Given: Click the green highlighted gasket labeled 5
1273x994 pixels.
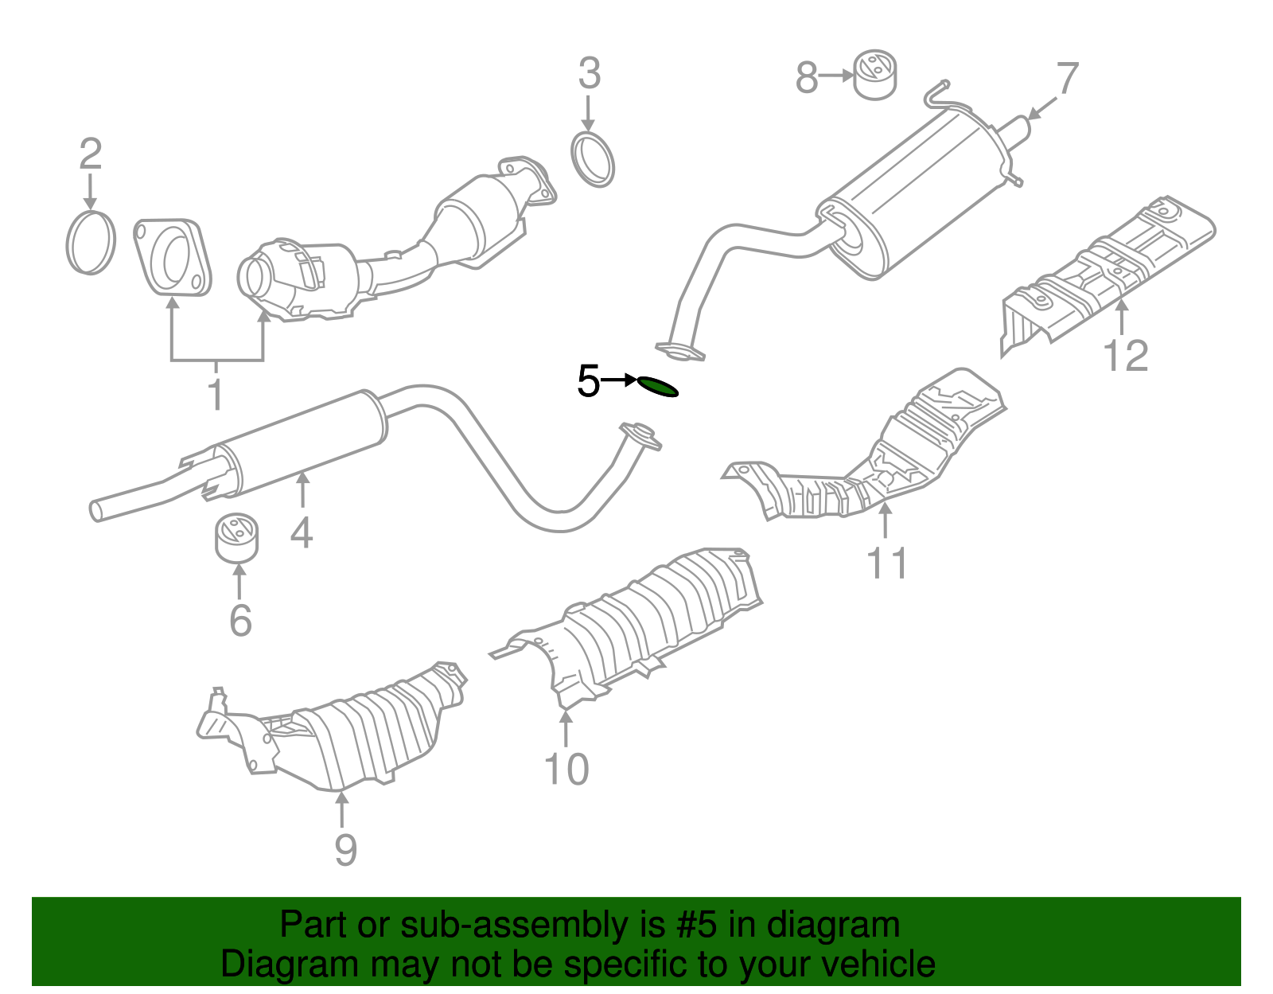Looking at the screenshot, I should (658, 387).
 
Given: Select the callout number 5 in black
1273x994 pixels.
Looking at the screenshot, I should (588, 381).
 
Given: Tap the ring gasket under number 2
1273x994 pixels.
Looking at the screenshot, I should (91, 242).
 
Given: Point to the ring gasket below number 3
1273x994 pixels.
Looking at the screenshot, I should (594, 160).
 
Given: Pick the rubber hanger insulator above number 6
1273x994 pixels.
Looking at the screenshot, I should (237, 538).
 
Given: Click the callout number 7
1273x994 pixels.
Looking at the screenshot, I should (1066, 79).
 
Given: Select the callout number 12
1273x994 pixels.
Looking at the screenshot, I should (1126, 356).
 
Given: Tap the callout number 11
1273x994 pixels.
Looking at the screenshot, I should (886, 563).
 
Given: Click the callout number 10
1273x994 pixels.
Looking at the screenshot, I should (566, 770).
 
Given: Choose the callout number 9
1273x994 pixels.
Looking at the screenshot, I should (345, 849).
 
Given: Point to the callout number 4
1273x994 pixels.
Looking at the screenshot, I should (302, 532).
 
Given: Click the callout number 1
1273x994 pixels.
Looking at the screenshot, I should (216, 394).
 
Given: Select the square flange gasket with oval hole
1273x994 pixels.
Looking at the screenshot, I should (173, 257).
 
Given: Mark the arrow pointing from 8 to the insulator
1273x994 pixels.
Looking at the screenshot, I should (836, 76).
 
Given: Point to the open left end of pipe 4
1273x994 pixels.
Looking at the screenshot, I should (96, 511).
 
